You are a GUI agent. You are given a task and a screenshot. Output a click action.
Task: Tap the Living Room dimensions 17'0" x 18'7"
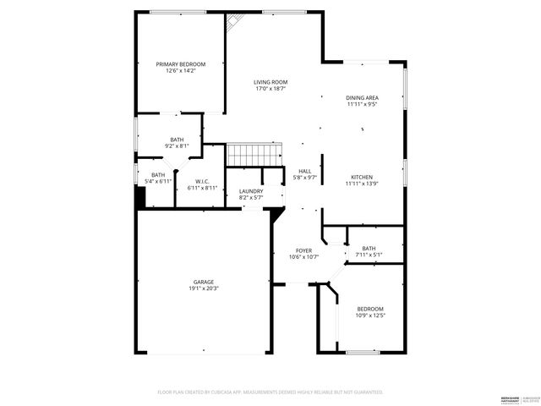270,88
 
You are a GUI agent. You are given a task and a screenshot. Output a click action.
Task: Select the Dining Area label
362,97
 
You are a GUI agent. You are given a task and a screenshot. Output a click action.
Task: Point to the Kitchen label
362,177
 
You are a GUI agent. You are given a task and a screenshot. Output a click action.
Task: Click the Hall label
304,171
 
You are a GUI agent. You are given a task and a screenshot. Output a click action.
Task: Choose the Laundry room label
251,191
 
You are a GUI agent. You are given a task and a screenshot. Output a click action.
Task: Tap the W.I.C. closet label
202,181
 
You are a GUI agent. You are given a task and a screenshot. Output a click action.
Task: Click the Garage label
203,282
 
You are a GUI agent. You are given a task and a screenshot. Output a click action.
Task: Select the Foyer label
303,250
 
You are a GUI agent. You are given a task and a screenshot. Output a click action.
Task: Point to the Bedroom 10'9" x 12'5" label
370,309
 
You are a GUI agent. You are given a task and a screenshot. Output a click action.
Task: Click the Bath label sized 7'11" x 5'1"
369,248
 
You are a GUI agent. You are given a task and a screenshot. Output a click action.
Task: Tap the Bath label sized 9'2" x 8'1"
177,140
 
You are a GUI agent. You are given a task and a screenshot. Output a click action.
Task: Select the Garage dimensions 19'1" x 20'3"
203,289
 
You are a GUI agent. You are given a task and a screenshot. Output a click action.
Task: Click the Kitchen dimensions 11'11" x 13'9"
362,184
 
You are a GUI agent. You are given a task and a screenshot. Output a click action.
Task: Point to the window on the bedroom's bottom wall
361,351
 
